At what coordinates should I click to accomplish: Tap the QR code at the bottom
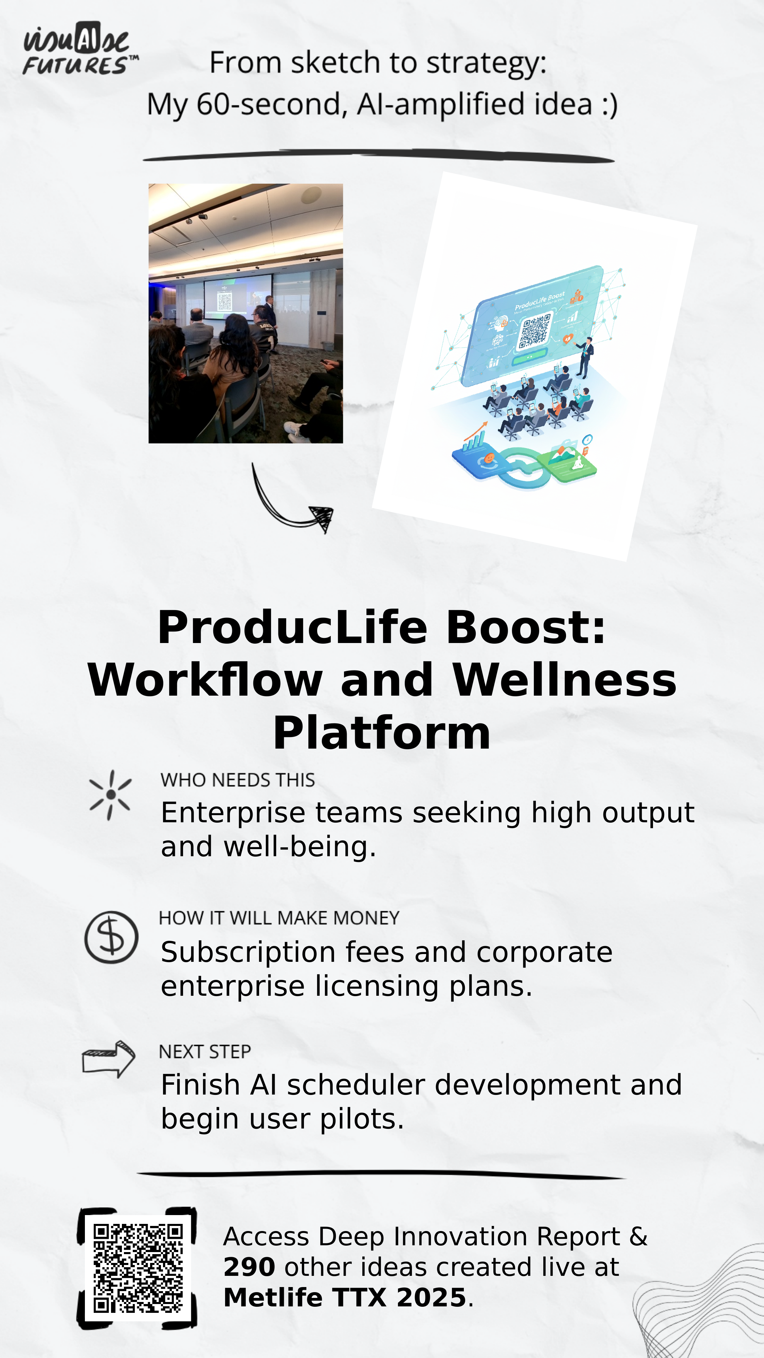[x=138, y=1268]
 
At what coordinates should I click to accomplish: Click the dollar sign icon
[x=111, y=938]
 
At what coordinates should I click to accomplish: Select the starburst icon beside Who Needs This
[x=111, y=795]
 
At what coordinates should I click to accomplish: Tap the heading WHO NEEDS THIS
[x=238, y=780]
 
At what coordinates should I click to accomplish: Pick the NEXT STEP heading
[x=204, y=1052]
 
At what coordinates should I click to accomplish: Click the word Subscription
[x=248, y=953]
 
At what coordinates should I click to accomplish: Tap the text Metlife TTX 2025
[x=345, y=1297]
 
